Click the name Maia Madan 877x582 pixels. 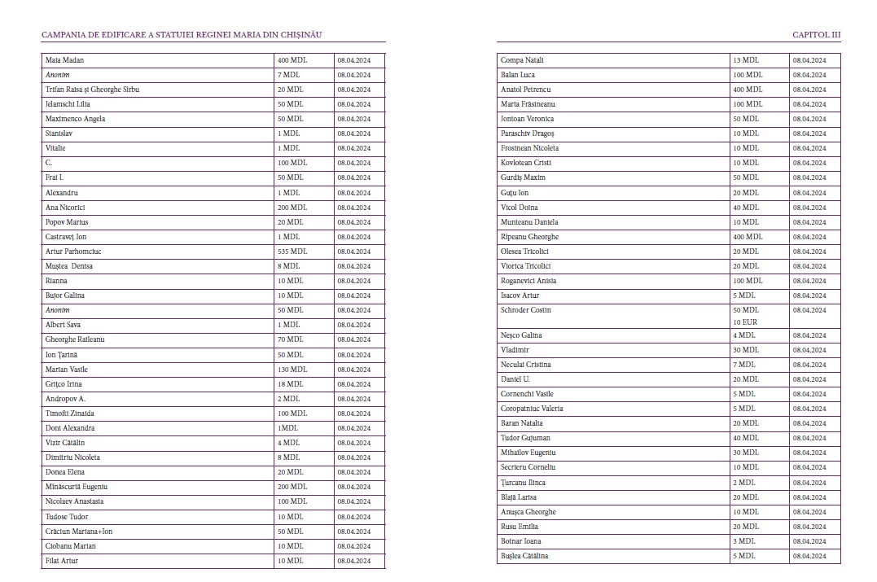(64, 60)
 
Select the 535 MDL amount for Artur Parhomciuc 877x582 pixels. (292, 252)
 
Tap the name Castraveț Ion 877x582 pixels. (66, 237)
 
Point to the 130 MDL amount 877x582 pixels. (292, 370)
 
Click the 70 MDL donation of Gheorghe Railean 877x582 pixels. (290, 339)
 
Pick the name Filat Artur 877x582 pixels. (62, 561)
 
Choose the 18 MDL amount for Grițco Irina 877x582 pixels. (290, 384)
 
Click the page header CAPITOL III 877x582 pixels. (816, 35)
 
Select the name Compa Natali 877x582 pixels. (522, 60)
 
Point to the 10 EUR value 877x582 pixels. (745, 322)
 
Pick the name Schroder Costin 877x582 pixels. (526, 310)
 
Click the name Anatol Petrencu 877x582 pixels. (526, 90)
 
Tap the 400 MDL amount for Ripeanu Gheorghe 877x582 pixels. (748, 237)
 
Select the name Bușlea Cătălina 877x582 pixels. (524, 556)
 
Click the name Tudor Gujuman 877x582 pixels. (525, 438)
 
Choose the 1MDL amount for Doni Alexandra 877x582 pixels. (287, 428)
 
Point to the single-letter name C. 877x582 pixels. (49, 163)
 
